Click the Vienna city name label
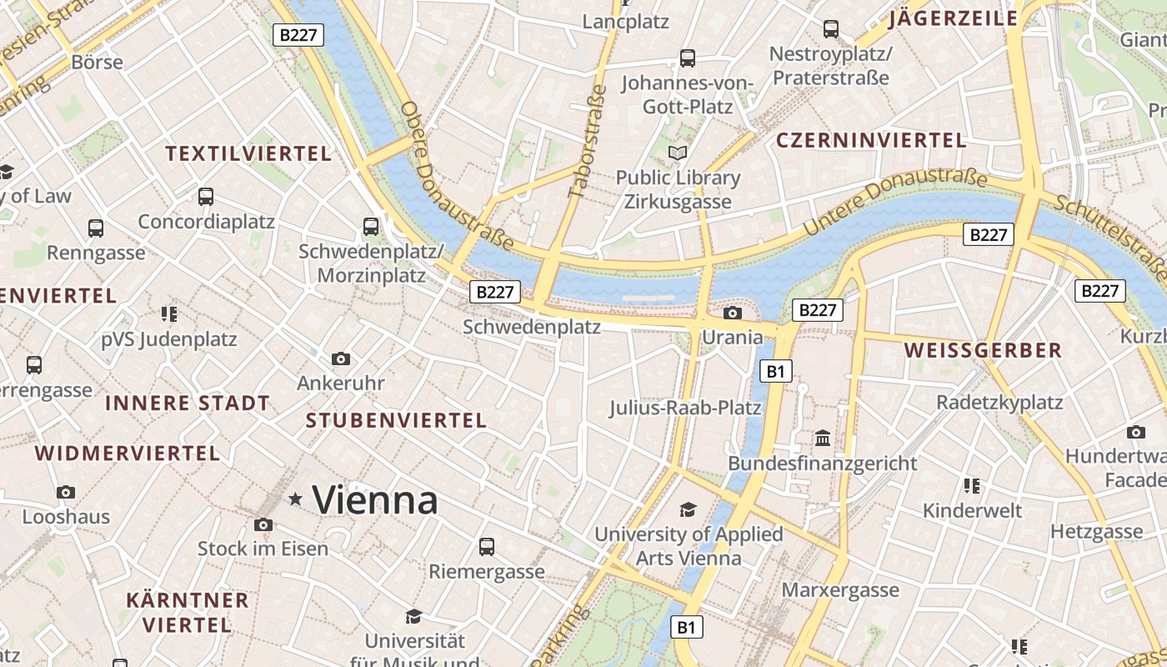click(374, 500)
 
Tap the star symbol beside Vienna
click(295, 499)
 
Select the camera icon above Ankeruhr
click(341, 359)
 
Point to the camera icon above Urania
click(733, 313)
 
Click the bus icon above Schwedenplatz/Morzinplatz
click(371, 226)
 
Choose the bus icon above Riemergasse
click(487, 547)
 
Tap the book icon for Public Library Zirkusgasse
click(678, 153)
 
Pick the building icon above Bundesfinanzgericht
click(823, 439)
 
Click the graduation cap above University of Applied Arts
click(688, 509)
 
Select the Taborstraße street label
click(587, 141)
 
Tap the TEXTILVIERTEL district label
click(248, 153)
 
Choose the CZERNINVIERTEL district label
click(871, 140)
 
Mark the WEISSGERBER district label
click(983, 350)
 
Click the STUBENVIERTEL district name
click(396, 420)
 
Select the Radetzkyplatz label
click(999, 403)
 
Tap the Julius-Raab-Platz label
click(685, 408)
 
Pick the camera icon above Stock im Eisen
click(263, 524)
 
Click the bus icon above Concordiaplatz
click(206, 197)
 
